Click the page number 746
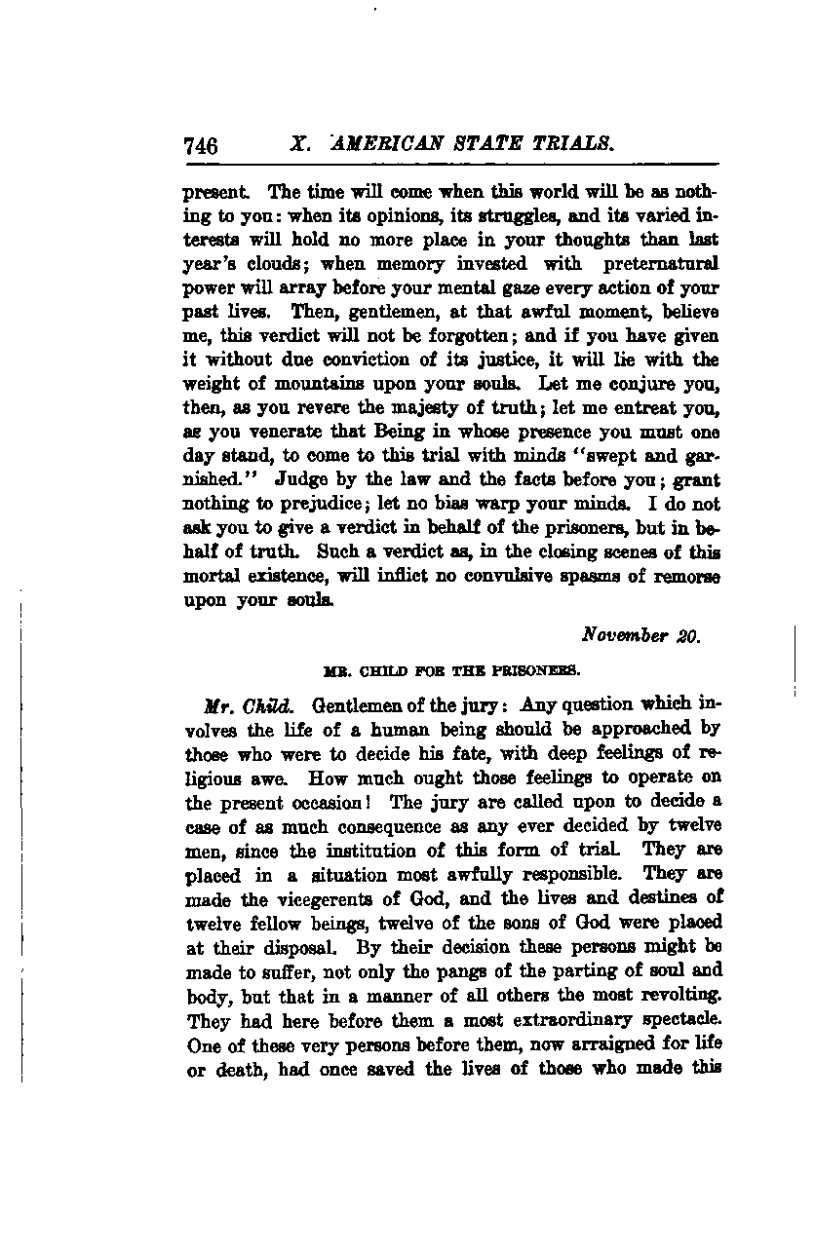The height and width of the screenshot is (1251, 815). tap(200, 146)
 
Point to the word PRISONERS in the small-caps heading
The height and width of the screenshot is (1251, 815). tap(535, 670)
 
